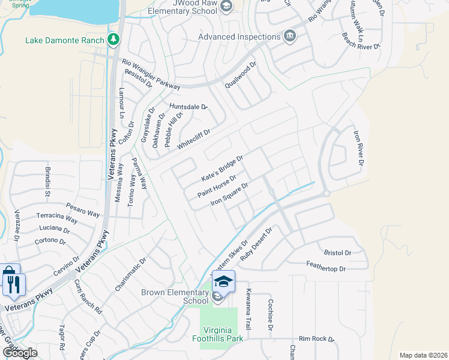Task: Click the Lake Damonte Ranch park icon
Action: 113,40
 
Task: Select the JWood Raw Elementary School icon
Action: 226,7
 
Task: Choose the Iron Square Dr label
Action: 229,196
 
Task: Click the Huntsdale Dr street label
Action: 188,107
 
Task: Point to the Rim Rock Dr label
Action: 316,339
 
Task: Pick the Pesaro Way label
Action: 83,209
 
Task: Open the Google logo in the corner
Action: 20,353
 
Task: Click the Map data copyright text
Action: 423,355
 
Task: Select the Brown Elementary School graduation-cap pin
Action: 223,281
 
